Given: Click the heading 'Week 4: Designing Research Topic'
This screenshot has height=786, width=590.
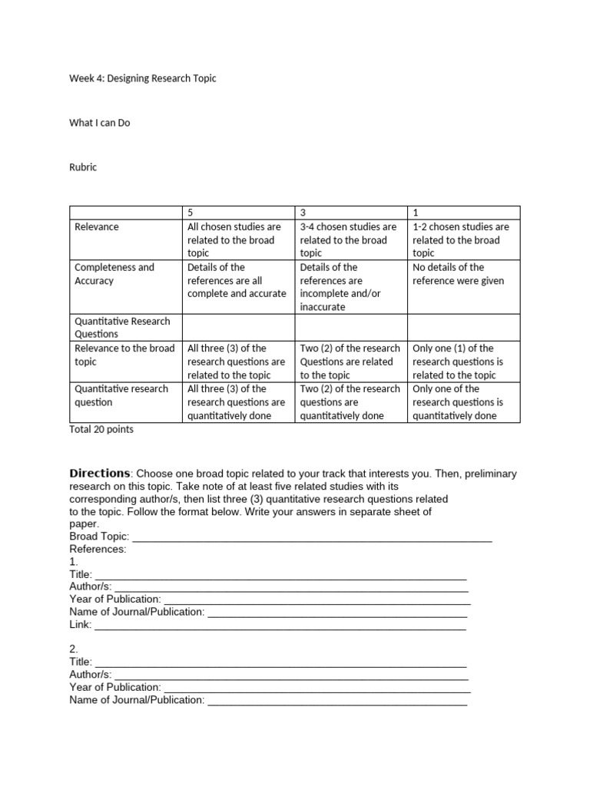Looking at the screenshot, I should tap(142, 78).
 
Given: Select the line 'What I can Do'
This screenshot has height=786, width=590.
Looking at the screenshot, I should tap(100, 123).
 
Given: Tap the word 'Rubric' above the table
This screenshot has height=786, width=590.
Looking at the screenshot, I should tap(83, 167).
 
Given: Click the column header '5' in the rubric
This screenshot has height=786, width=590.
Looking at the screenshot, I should tap(191, 213).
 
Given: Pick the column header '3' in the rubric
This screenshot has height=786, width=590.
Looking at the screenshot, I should tap(303, 213).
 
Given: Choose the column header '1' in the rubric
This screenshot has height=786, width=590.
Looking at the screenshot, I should tap(416, 213).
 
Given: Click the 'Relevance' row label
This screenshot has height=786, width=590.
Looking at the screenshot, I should tap(97, 227).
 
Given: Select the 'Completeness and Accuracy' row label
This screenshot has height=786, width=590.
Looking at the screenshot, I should tap(114, 274).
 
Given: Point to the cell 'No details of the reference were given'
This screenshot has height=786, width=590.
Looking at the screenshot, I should tap(458, 274).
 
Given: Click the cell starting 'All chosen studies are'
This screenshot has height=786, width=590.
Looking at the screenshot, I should tap(234, 239).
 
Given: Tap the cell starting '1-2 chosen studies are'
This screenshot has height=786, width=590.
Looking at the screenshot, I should tap(460, 239).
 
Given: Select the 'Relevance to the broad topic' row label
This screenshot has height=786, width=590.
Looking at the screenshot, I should tap(124, 355).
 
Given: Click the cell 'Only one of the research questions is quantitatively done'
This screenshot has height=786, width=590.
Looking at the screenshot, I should tap(458, 402).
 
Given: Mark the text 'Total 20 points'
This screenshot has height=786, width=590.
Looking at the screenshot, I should tap(101, 430).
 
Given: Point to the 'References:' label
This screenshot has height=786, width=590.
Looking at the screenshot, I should tap(98, 550).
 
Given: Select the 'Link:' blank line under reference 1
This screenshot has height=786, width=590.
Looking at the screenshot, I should tap(280, 625).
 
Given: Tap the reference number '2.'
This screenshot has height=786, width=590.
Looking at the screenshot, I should tap(74, 649).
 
